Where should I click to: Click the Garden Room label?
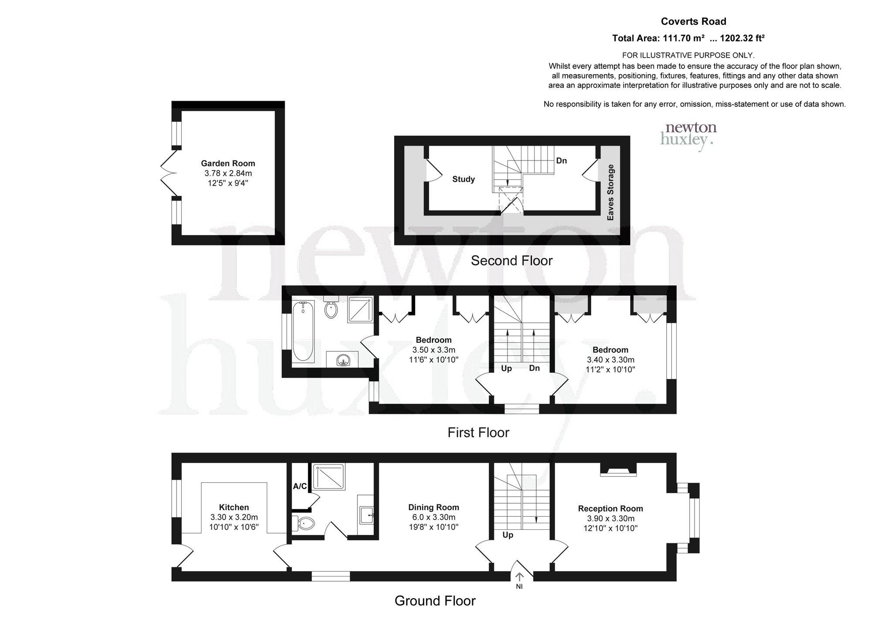click(x=228, y=164)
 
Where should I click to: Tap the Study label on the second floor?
click(x=463, y=179)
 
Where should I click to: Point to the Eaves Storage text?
click(x=610, y=192)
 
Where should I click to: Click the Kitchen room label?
click(x=234, y=507)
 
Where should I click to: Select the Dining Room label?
click(x=433, y=507)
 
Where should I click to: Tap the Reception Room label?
click(x=610, y=508)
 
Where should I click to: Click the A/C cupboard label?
click(x=300, y=486)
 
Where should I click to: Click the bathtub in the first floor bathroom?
click(x=303, y=331)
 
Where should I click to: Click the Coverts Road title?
click(x=693, y=21)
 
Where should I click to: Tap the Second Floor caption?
click(x=512, y=261)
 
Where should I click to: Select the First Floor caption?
click(x=478, y=433)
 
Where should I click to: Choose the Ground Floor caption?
click(x=435, y=601)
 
